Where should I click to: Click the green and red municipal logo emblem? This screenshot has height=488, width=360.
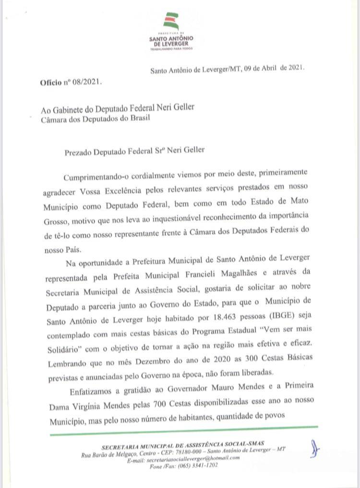(x=171, y=21)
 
